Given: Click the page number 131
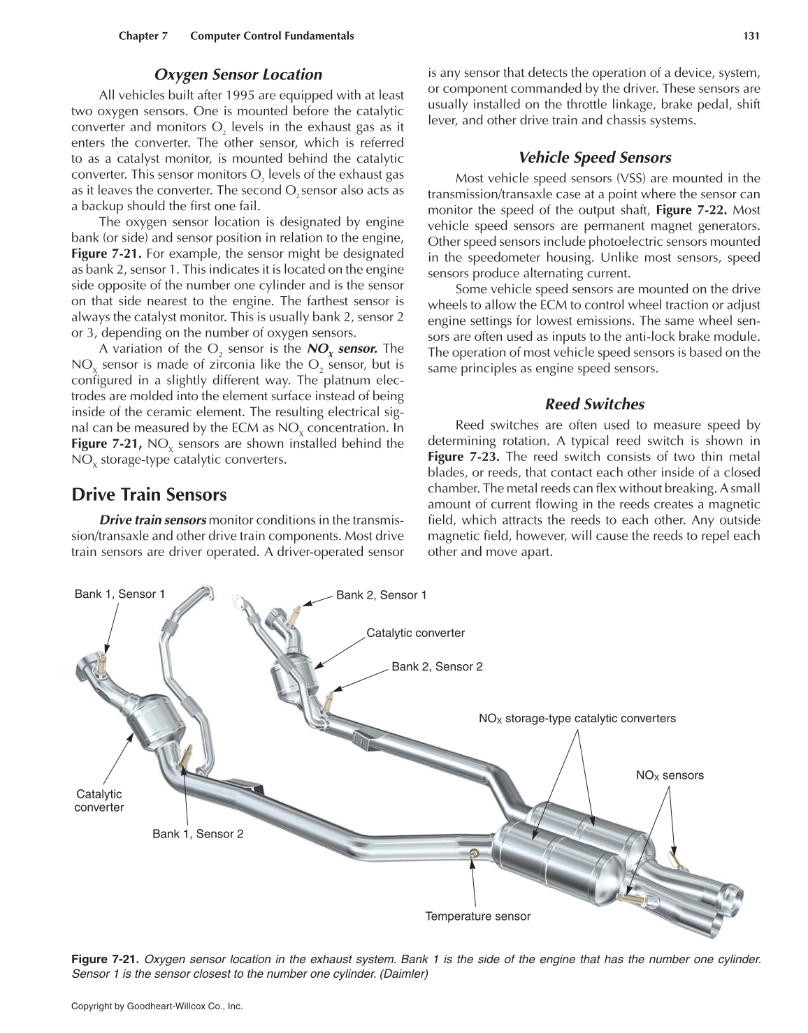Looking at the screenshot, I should [751, 36].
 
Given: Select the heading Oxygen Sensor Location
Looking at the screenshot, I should [238, 75].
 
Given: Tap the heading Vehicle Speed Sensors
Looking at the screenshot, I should [594, 158].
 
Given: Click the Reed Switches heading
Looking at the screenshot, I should [594, 404].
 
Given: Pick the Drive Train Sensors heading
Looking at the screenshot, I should [149, 495].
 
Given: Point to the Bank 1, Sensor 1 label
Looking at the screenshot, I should [120, 594].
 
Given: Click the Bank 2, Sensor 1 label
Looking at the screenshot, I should [381, 595].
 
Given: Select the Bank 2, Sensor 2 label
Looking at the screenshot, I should [437, 666].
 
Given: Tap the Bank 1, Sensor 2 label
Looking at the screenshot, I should [198, 834].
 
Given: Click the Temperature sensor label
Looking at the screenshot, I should [477, 916].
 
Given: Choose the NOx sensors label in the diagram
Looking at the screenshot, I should [670, 775].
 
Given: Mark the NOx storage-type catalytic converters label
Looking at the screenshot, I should [577, 718].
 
